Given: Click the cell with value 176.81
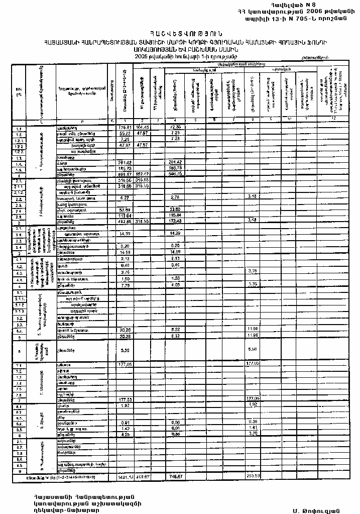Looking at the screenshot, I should coord(124,128).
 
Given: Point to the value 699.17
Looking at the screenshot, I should coord(124,174).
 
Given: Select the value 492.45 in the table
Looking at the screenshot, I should coord(124,221).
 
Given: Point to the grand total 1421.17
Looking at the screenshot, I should coord(124,475).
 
